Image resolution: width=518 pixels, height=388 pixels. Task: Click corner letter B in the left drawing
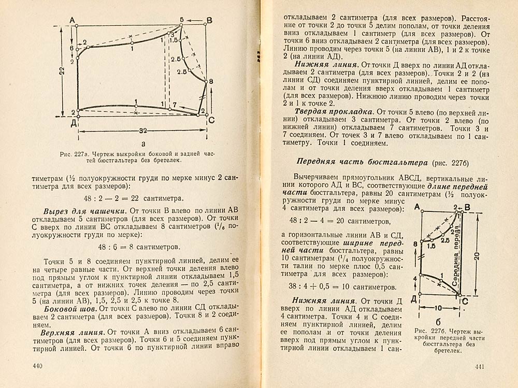pyautogui.click(x=209, y=20)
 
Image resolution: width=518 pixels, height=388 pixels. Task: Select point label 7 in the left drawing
pyautogui.click(x=174, y=105)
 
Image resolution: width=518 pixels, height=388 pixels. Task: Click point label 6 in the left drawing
pyautogui.click(x=71, y=48)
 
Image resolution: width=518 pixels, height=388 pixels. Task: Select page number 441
pyautogui.click(x=479, y=367)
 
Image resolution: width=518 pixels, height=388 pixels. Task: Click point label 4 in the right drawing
pyautogui.click(x=415, y=279)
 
